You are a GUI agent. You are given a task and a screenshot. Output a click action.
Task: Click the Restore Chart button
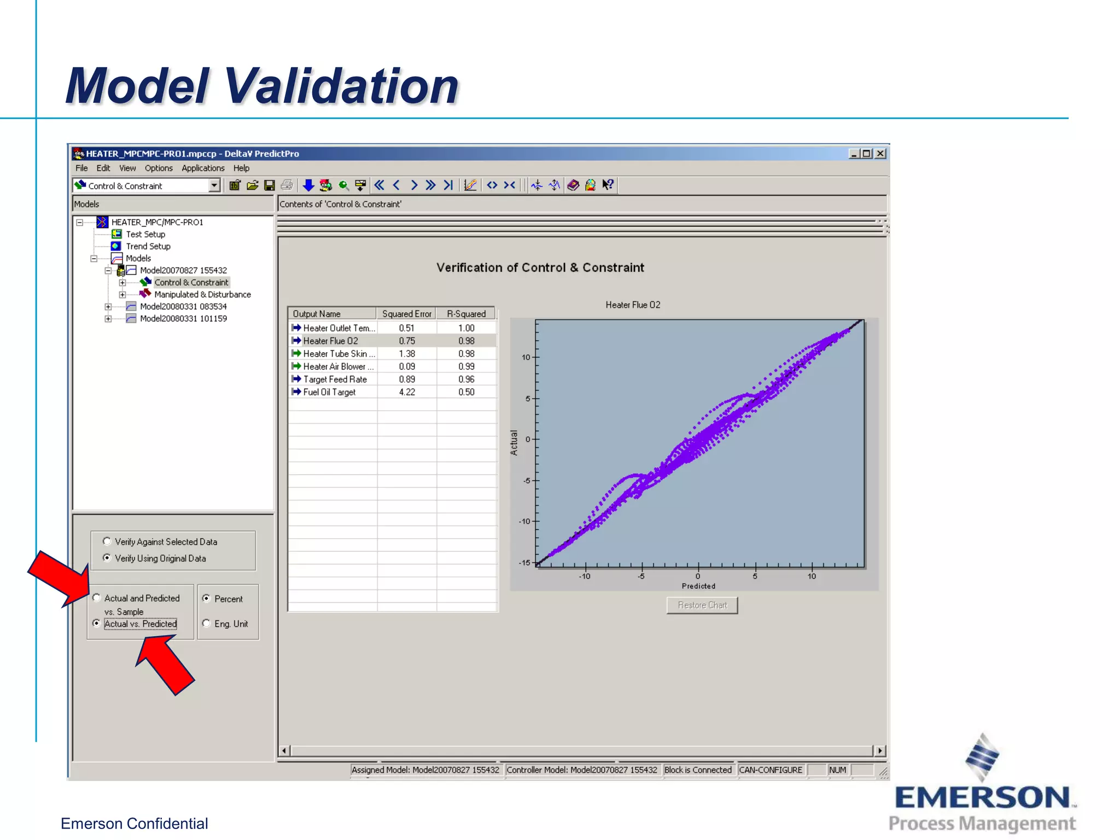click(x=702, y=605)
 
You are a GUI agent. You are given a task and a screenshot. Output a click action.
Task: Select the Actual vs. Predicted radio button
click(x=97, y=623)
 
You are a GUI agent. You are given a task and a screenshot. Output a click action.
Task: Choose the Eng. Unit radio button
click(x=206, y=623)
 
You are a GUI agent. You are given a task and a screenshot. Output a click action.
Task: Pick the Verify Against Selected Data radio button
click(x=107, y=541)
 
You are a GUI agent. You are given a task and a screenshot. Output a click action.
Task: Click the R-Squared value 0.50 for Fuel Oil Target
click(x=466, y=392)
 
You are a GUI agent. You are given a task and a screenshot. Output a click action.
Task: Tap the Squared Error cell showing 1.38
click(x=406, y=354)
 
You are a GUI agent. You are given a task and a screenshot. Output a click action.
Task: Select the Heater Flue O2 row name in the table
click(x=330, y=341)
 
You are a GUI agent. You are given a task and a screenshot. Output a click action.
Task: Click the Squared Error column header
click(x=406, y=314)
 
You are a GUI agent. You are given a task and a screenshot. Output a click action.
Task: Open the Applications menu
click(x=203, y=168)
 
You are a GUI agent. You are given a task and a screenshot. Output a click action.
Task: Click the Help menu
click(x=241, y=168)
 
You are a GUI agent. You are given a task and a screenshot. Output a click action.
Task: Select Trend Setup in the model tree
click(x=148, y=246)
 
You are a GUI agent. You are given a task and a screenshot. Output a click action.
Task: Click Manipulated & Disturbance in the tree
click(x=202, y=294)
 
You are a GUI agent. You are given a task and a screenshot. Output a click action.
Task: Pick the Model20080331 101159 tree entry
click(x=183, y=318)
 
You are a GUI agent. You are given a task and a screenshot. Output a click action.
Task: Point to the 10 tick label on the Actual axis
click(x=526, y=357)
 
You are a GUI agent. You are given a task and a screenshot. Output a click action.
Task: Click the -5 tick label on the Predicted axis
click(x=641, y=576)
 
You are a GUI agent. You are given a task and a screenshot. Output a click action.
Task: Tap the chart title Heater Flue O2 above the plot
click(x=633, y=305)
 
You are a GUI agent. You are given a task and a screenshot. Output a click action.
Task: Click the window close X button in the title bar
click(x=880, y=154)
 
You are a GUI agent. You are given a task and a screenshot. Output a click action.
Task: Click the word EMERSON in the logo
click(x=982, y=797)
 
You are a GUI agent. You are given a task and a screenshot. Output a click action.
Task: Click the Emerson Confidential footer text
click(x=134, y=823)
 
